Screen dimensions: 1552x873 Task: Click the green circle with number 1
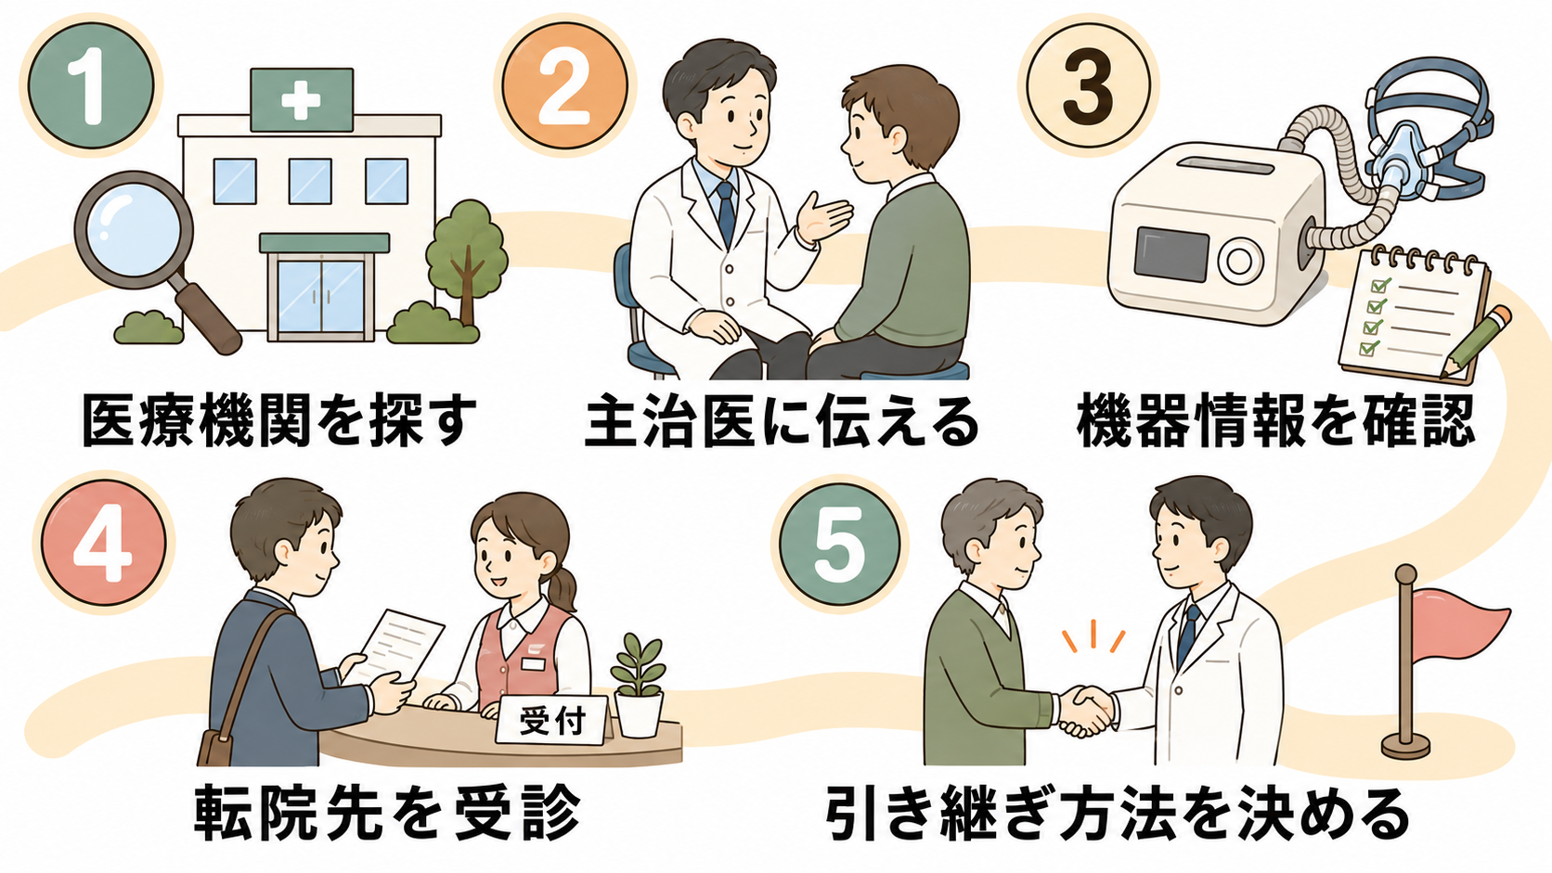[x=91, y=85]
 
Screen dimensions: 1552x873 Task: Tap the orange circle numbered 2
[x=564, y=85]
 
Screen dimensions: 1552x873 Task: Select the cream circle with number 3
[x=1089, y=85]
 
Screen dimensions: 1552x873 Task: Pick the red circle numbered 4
[x=103, y=543]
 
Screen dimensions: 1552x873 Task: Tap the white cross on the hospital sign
[x=302, y=100]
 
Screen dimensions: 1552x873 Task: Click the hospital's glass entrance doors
[x=321, y=296]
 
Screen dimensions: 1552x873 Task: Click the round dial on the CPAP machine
[x=1239, y=263]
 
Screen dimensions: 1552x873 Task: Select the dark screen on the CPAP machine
[x=1171, y=254]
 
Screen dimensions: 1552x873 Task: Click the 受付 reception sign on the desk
[x=552, y=721]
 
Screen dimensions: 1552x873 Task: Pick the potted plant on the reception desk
[x=638, y=684]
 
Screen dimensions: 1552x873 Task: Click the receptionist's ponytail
[x=564, y=594]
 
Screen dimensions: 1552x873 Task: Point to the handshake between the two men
[x=1086, y=710]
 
